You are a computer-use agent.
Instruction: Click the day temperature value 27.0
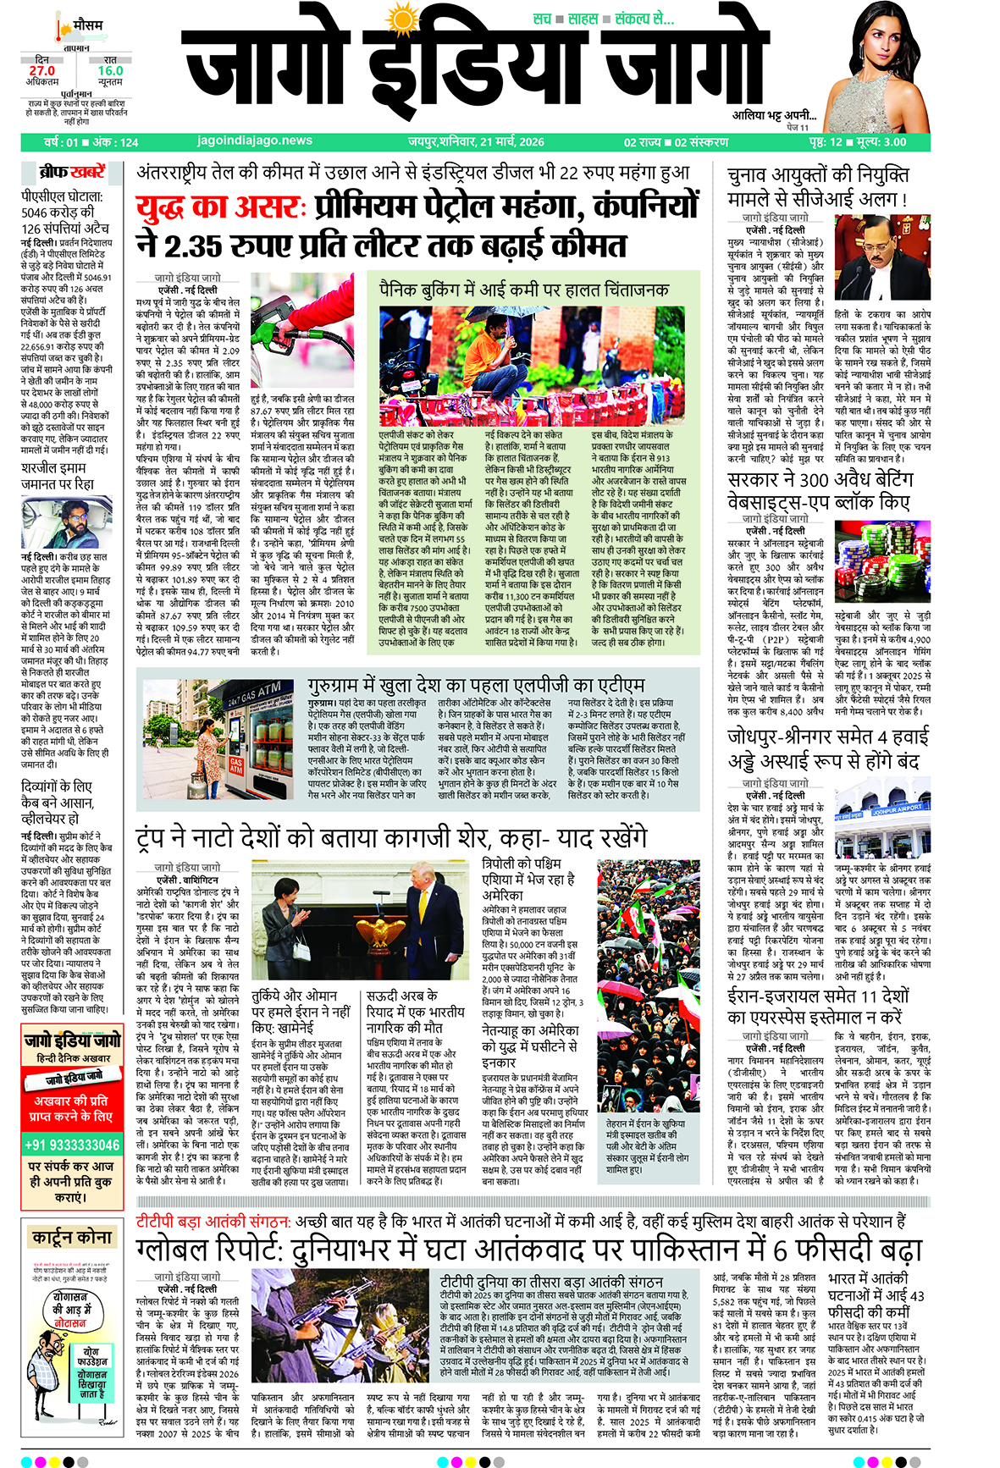pos(41,71)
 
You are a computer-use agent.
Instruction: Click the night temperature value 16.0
pos(110,71)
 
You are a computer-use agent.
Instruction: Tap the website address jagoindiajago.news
pos(255,141)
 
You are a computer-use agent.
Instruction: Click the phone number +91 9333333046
pos(72,1145)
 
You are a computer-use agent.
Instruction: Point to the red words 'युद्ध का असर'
pos(218,207)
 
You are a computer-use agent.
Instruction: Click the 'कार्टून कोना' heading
pos(72,1237)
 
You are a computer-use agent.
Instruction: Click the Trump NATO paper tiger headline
pos(391,837)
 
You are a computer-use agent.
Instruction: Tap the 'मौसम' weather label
pos(87,25)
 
